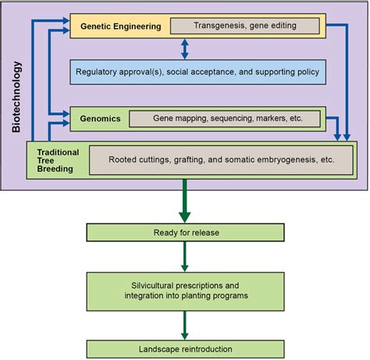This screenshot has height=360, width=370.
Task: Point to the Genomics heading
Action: (x=99, y=119)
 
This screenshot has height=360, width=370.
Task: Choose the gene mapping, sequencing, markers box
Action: (x=225, y=119)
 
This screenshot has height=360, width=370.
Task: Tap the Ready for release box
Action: (x=185, y=232)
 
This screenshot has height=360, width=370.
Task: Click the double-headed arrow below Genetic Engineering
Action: (x=185, y=49)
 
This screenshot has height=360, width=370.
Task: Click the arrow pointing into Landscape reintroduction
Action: (x=185, y=323)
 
